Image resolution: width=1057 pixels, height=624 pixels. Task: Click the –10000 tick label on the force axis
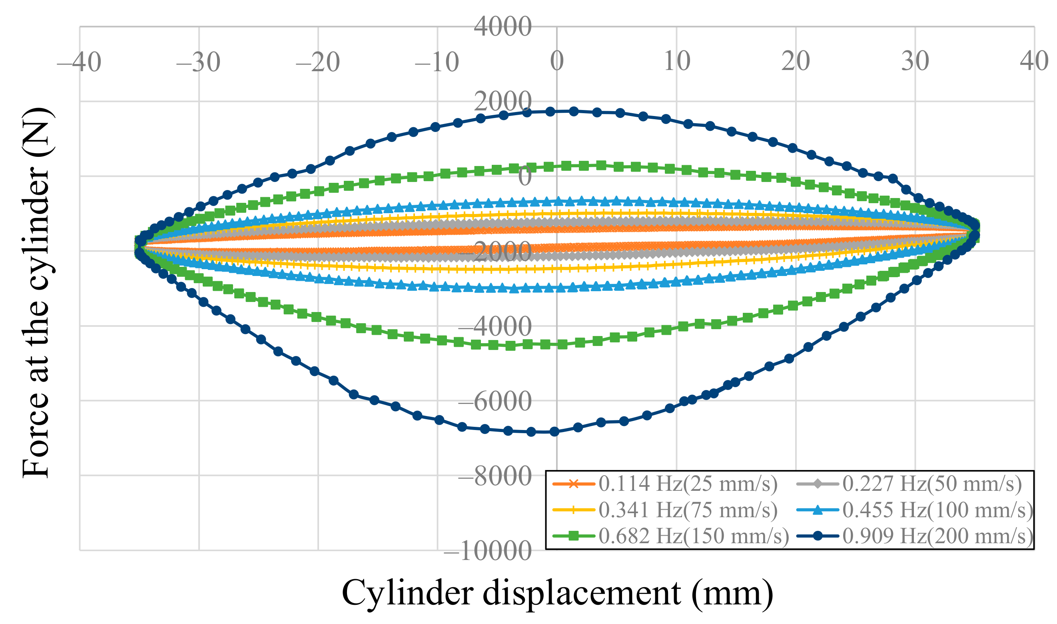click(487, 551)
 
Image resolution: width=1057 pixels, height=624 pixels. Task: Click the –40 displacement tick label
click(80, 62)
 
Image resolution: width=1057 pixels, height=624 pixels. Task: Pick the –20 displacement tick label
click(317, 62)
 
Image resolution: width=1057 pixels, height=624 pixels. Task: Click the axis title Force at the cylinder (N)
click(37, 293)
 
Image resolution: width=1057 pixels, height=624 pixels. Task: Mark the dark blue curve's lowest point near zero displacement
click(554, 432)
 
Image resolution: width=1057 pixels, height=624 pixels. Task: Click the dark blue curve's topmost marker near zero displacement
click(573, 111)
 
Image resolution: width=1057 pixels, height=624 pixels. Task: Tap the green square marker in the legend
click(573, 536)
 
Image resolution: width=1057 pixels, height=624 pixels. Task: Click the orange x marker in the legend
click(573, 484)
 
